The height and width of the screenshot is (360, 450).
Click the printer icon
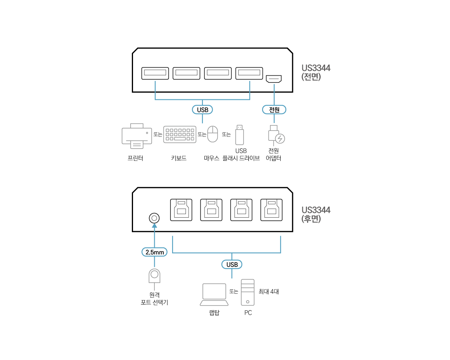[x=137, y=136]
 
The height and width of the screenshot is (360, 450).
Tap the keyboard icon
[x=180, y=134]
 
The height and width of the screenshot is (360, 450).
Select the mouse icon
[x=213, y=134]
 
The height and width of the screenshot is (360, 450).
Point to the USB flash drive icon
[x=240, y=135]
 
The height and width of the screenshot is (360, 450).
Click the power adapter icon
[x=276, y=134]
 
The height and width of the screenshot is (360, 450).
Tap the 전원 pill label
[x=274, y=110]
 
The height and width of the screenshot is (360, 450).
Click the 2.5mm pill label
[x=154, y=252]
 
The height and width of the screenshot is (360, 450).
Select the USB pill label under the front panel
[x=202, y=110]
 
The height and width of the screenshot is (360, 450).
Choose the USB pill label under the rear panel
[x=232, y=264]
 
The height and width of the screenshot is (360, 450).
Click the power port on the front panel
[x=274, y=79]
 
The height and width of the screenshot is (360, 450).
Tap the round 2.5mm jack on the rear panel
[x=154, y=218]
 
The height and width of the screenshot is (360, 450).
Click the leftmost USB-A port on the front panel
[x=155, y=73]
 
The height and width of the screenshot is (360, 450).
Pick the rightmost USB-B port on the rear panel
[x=272, y=210]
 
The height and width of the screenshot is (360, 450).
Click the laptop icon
[x=214, y=295]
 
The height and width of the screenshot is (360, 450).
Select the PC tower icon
[x=247, y=292]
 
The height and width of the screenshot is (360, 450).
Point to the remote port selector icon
[x=154, y=276]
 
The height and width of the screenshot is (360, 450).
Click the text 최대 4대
[x=269, y=291]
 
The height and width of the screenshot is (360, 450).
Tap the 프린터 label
[x=135, y=158]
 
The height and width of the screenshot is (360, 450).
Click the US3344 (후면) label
[x=316, y=214]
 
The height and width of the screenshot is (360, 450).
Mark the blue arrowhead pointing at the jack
[x=154, y=226]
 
